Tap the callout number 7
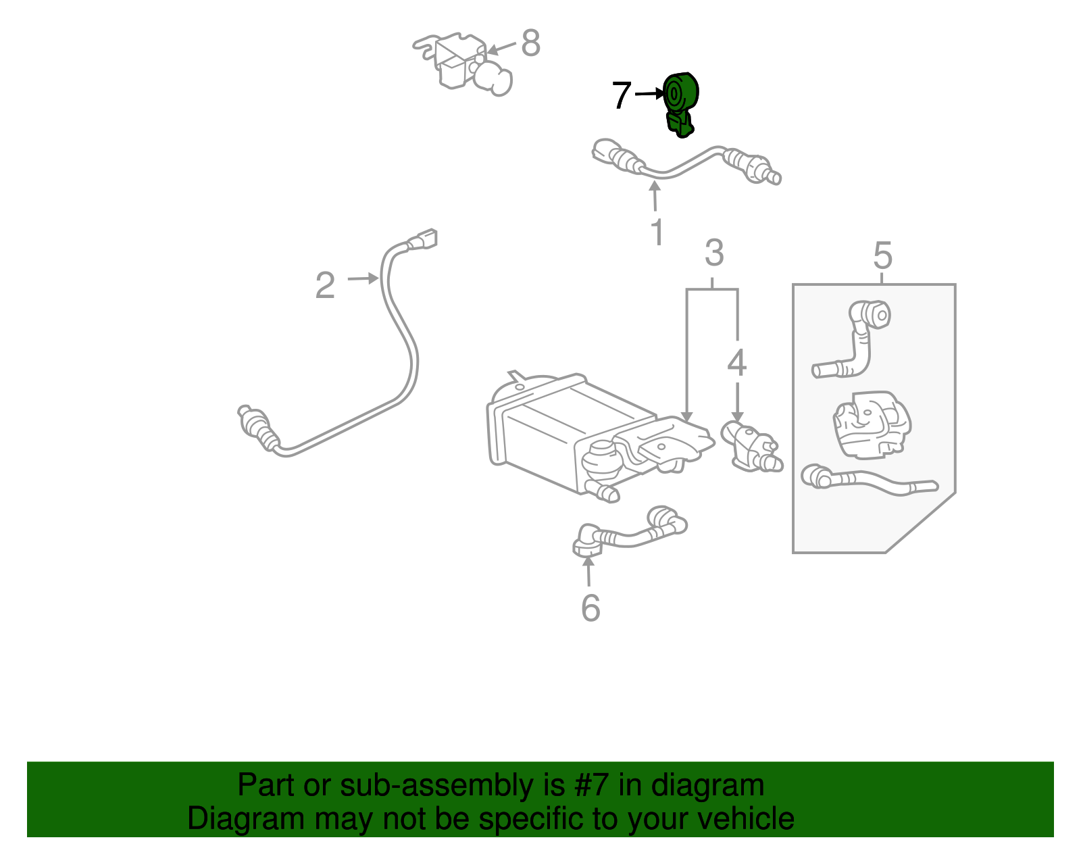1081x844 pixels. coord(621,95)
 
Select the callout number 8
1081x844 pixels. coord(531,43)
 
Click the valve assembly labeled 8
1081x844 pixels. coord(466,64)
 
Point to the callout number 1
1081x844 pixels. coord(657,232)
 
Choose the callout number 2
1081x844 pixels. coord(325,285)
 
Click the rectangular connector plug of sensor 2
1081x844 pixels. coord(426,239)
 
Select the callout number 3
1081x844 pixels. coord(714,253)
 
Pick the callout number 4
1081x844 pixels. coord(736,363)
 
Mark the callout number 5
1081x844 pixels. coord(882,255)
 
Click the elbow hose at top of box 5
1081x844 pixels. coord(858,338)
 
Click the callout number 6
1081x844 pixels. coord(590,608)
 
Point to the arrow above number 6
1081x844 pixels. coord(588,571)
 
